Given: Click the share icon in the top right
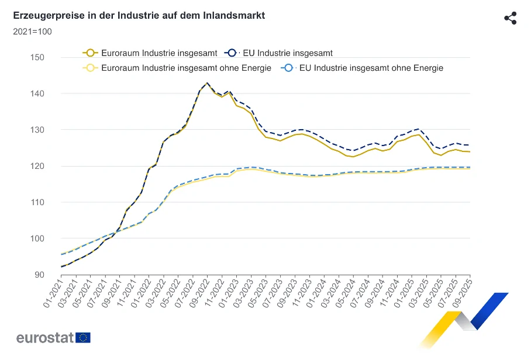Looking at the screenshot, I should pos(510,18).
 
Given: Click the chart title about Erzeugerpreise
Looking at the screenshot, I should pos(139,16).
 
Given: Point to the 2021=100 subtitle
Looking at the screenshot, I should pos(32,31).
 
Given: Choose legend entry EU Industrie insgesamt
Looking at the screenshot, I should pos(281,53).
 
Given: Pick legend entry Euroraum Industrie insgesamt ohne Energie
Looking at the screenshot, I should pos(178,68).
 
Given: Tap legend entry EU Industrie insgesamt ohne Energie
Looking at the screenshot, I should pos(363,68).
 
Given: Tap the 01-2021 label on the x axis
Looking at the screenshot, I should pos(53,292).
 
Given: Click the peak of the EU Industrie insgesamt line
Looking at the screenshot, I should pos(207,83).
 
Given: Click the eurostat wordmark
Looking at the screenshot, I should pos(44,338).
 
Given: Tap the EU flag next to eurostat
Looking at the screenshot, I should pos(83,338).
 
